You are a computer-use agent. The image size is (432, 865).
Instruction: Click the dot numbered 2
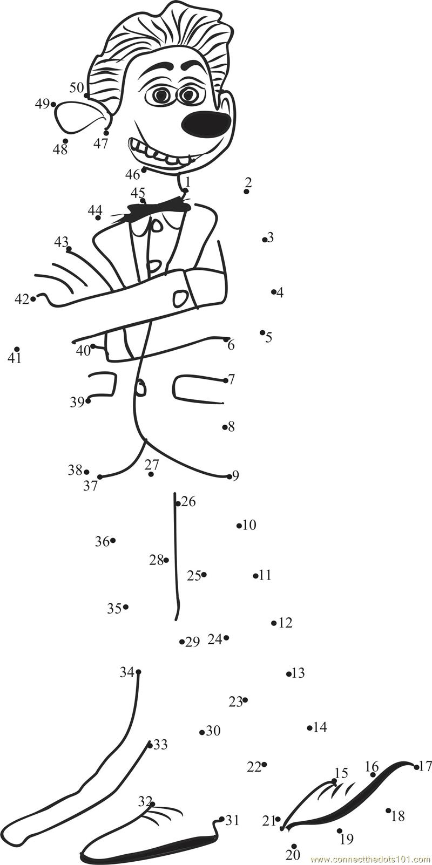(x=246, y=192)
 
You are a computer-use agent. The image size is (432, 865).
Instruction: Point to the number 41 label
(x=15, y=358)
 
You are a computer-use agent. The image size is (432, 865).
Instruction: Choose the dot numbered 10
(x=239, y=526)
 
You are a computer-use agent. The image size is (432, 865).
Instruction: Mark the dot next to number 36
(x=113, y=540)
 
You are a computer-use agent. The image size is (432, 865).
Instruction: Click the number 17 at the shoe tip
(x=426, y=766)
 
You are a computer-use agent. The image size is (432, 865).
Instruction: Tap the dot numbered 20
(x=294, y=846)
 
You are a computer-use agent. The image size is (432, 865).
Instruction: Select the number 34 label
(x=126, y=672)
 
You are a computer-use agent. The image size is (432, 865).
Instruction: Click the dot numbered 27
(x=151, y=474)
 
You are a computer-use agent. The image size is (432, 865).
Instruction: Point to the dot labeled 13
(x=289, y=673)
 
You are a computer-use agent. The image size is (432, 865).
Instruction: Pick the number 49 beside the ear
(x=42, y=104)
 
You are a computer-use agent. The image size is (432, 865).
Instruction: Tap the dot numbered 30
(x=202, y=732)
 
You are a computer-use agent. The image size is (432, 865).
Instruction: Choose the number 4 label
(x=280, y=293)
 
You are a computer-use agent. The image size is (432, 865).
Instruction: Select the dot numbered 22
(x=264, y=765)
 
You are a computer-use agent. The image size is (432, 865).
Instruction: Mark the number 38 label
(x=75, y=470)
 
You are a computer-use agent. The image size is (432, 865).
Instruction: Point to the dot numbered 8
(x=225, y=427)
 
